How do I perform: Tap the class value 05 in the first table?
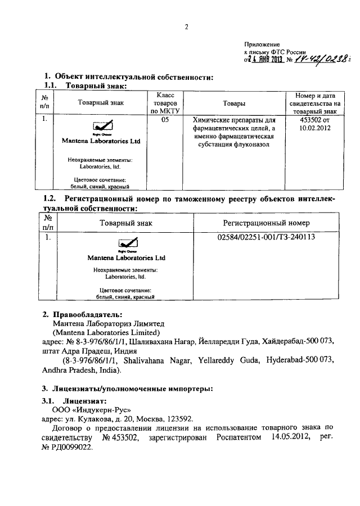tap(165, 120)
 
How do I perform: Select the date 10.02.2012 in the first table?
tap(315, 128)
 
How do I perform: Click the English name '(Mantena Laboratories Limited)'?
tap(98, 332)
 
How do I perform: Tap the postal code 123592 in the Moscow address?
tap(179, 418)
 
